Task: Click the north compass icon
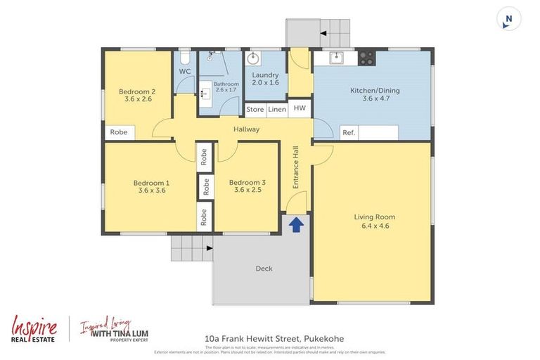click(508, 19)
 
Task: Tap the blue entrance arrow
click(296, 224)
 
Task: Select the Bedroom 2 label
click(136, 95)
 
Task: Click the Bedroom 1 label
click(152, 186)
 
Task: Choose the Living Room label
click(374, 221)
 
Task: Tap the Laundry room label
click(265, 79)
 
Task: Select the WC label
click(185, 72)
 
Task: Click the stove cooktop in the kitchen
click(366, 58)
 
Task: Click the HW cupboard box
click(300, 108)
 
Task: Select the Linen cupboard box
click(277, 109)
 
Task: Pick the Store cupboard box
click(255, 109)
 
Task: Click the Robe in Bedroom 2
click(118, 132)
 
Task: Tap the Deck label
click(264, 268)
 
